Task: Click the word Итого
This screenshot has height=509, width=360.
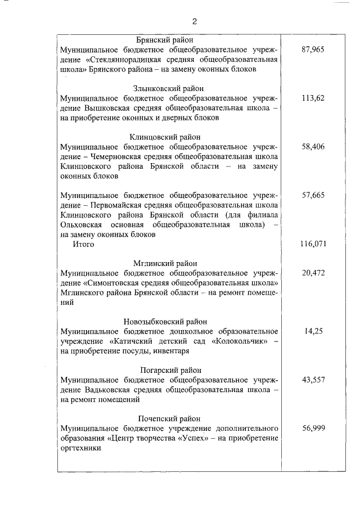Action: pos(83,245)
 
